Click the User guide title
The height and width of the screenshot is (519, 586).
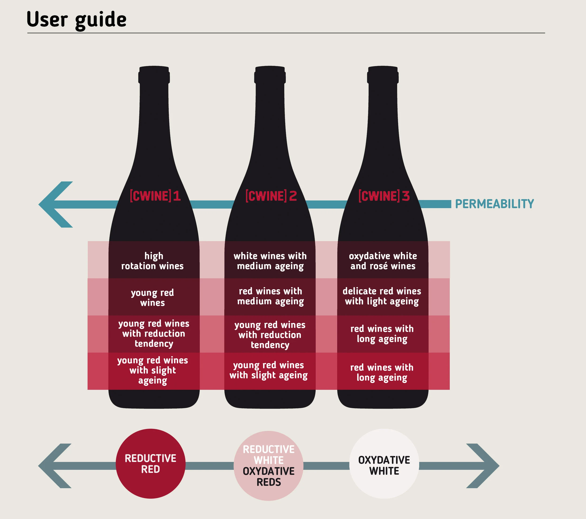(x=77, y=19)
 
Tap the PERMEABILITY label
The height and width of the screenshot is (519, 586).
(x=494, y=204)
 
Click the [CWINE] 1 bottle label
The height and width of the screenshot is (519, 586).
(x=155, y=196)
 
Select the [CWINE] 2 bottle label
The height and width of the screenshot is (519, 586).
(x=271, y=196)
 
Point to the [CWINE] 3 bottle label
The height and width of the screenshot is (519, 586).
(x=384, y=196)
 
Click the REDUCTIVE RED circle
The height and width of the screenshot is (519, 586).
(x=150, y=464)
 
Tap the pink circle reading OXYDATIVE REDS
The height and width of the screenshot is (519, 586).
(x=269, y=466)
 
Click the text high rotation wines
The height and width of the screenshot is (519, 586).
(x=153, y=261)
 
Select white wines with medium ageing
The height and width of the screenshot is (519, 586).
(x=270, y=261)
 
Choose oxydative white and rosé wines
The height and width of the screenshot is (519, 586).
(x=383, y=261)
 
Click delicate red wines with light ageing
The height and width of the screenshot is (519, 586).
(x=382, y=296)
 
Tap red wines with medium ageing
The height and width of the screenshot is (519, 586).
(x=270, y=296)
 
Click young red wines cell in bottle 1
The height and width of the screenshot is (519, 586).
(x=153, y=298)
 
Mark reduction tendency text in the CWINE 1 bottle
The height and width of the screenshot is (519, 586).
(x=154, y=334)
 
